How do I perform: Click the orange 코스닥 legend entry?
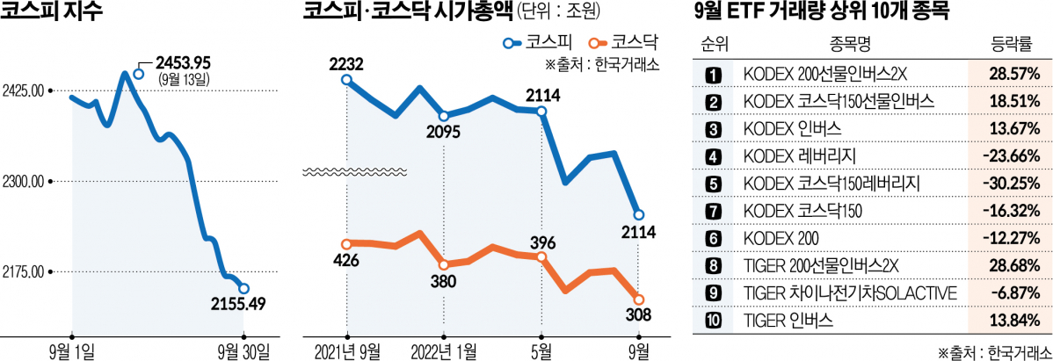coord(627,41)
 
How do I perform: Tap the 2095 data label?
coord(444,133)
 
